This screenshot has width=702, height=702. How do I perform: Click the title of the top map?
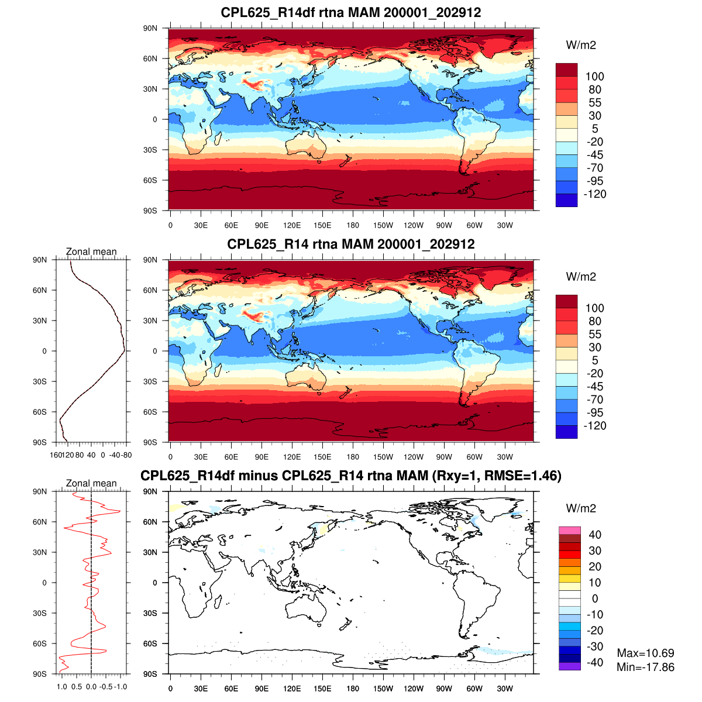pyautogui.click(x=351, y=12)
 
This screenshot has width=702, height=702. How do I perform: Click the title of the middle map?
pyautogui.click(x=351, y=244)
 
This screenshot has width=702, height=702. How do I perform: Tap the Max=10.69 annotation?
pyautogui.click(x=645, y=653)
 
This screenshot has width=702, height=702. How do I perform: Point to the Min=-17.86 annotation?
pyautogui.click(x=645, y=667)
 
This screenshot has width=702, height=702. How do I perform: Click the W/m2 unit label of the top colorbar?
pyautogui.click(x=581, y=45)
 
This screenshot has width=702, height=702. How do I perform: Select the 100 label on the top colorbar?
pyautogui.click(x=595, y=77)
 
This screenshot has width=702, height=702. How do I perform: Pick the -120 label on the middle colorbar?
pyautogui.click(x=595, y=425)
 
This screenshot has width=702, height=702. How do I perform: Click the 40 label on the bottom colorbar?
pyautogui.click(x=595, y=535)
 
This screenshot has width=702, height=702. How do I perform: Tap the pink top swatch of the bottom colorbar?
pyautogui.click(x=570, y=530)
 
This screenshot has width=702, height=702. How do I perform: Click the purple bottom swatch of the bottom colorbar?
pyautogui.click(x=570, y=666)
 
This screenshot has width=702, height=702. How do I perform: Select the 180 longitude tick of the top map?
pyautogui.click(x=353, y=225)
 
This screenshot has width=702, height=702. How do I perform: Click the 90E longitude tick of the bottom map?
pyautogui.click(x=261, y=689)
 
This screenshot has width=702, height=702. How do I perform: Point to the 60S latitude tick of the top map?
pyautogui.click(x=151, y=180)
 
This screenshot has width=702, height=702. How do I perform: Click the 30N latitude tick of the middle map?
pyautogui.click(x=151, y=321)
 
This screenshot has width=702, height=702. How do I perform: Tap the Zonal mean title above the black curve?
pyautogui.click(x=91, y=252)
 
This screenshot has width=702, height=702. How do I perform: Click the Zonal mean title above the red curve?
pyautogui.click(x=91, y=483)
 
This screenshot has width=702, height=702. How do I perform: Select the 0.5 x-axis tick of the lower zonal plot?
pyautogui.click(x=77, y=687)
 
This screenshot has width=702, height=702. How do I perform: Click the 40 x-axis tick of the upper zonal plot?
pyautogui.click(x=91, y=455)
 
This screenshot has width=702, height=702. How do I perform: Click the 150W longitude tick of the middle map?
pyautogui.click(x=383, y=457)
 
